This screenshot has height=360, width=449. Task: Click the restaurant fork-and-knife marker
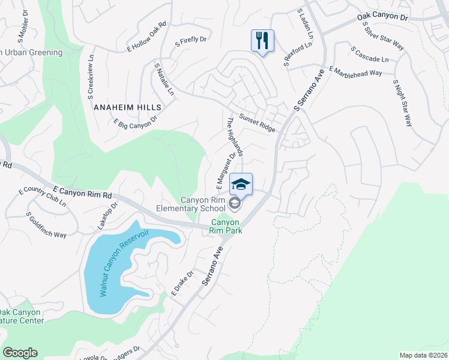click(x=262, y=41)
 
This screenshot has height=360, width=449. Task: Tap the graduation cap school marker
click(x=241, y=184)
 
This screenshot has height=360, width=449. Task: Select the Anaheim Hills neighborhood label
click(x=127, y=107)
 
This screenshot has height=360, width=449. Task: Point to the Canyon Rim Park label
click(x=226, y=226)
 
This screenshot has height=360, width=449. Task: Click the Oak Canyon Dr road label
click(x=382, y=16)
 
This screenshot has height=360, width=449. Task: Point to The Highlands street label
click(x=234, y=137)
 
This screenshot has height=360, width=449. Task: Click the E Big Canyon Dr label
click(x=135, y=122)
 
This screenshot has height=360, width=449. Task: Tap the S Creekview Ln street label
click(x=92, y=79)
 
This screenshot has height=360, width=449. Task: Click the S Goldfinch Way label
click(x=46, y=226)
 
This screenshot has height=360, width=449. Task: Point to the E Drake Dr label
click(x=182, y=283)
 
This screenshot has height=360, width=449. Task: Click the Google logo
click(x=20, y=353)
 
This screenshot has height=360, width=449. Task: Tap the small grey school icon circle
click(x=235, y=205)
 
